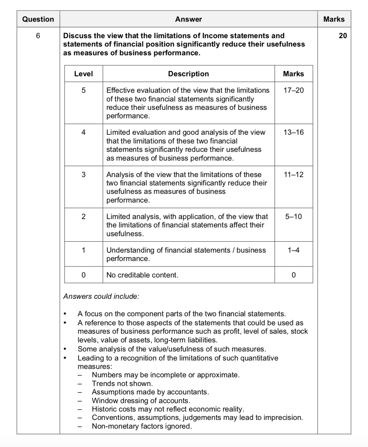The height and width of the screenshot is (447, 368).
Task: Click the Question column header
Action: (38, 19)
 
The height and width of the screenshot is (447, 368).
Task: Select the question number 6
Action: (38, 36)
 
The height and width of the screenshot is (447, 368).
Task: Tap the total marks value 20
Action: (343, 36)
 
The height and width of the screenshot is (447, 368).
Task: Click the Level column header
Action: (83, 74)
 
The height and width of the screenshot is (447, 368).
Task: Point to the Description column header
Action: (189, 74)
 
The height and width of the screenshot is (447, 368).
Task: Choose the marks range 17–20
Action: (293, 90)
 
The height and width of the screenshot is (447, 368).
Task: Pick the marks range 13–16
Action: (293, 132)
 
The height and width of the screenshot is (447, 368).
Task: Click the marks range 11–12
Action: (293, 175)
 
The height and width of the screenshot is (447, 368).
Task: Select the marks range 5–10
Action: (293, 217)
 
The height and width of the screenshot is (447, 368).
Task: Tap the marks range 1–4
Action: (293, 250)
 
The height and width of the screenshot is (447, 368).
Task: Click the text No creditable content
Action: (142, 275)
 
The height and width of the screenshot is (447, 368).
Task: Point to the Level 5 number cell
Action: (83, 90)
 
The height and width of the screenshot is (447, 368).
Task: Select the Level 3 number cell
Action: (83, 175)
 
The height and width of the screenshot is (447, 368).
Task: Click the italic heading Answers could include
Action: (101, 296)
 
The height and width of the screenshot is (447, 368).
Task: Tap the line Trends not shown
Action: (122, 384)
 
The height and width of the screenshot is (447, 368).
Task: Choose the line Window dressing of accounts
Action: (141, 401)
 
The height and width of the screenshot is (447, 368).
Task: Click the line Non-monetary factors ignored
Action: (142, 426)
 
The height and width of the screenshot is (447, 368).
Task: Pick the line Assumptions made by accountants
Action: (150, 392)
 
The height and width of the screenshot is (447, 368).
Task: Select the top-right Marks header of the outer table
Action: (334, 19)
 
